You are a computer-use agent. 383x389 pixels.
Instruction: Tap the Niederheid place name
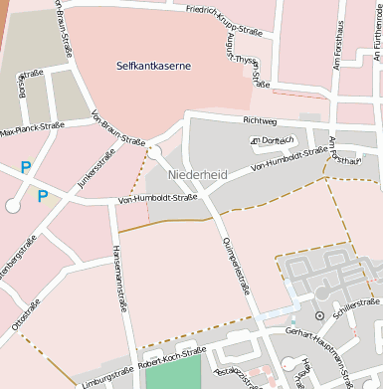(198, 175)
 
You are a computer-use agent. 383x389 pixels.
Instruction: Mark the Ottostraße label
(25, 315)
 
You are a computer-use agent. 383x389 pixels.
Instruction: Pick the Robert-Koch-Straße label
(173, 355)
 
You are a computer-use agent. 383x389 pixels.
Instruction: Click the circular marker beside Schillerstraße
(319, 315)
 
